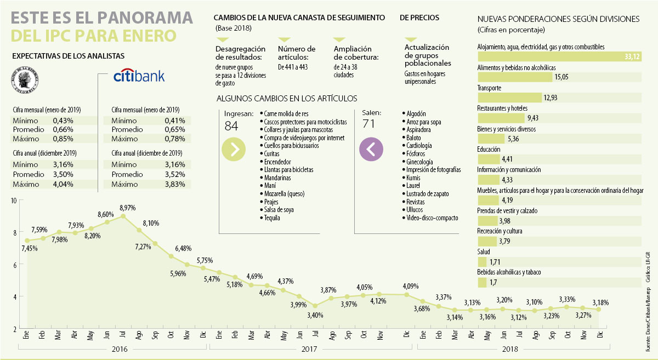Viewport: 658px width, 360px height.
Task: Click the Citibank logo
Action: pyautogui.click(x=139, y=76)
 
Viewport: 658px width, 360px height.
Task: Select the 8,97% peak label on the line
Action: pyautogui.click(x=126, y=208)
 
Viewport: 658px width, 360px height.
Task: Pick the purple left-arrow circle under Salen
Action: pyautogui.click(x=371, y=149)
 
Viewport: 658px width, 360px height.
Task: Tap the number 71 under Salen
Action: pyautogui.click(x=368, y=124)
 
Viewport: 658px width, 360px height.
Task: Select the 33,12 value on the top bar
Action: pyautogui.click(x=632, y=57)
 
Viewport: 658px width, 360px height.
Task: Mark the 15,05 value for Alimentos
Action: pyautogui.click(x=561, y=77)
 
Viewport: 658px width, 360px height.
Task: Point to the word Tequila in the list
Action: pyautogui.click(x=271, y=218)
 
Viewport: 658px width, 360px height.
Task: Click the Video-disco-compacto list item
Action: pyautogui.click(x=432, y=218)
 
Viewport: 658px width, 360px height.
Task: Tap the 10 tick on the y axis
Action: pyautogui.click(x=14, y=201)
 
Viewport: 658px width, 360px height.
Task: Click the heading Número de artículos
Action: pyautogui.click(x=297, y=53)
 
